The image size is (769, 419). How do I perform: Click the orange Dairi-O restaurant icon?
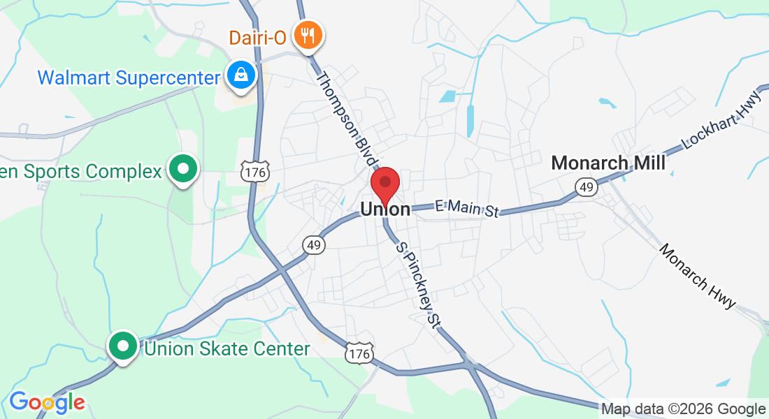308,35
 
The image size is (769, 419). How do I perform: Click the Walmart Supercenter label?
129,77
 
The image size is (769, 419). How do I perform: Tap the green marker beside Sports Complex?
183,170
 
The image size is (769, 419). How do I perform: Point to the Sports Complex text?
80,171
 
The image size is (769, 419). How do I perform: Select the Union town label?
385,209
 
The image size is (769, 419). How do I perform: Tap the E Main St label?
466,208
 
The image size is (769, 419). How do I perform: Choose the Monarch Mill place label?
608,163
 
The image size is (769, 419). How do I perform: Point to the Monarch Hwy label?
697,277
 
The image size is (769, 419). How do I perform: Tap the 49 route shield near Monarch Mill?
586,186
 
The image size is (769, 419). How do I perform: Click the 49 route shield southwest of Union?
313,244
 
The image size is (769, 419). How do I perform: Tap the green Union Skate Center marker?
123,346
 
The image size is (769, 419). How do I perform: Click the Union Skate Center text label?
227,348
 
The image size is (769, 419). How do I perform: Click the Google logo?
47,402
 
